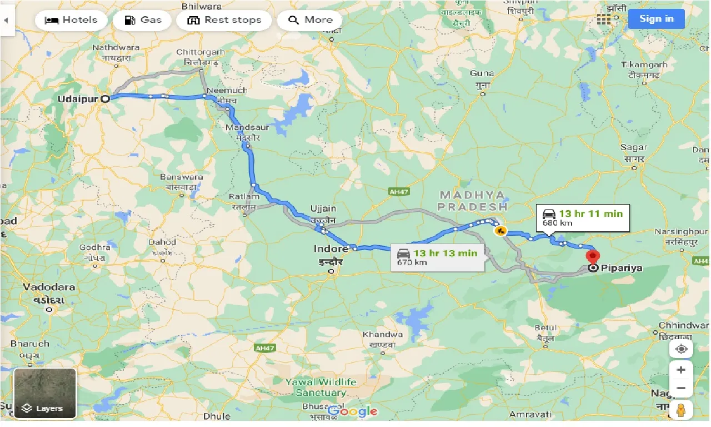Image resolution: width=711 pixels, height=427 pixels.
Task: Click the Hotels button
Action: (x=71, y=20)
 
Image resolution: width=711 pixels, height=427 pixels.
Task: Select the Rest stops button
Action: (x=224, y=20)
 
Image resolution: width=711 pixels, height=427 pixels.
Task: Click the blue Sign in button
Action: (x=656, y=19)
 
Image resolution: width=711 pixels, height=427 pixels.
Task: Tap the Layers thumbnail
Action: (x=45, y=393)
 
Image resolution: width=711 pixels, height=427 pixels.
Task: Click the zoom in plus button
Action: (x=681, y=370)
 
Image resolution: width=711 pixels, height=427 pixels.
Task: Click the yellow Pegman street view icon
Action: (x=681, y=410)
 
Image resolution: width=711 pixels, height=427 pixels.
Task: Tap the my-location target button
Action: (x=681, y=349)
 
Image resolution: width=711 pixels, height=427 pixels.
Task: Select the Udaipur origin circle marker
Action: (x=105, y=99)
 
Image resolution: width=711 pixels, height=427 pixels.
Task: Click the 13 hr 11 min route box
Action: (x=583, y=218)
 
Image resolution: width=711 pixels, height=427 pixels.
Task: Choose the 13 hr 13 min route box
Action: (x=438, y=257)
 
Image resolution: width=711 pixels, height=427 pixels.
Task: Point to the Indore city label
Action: (x=331, y=249)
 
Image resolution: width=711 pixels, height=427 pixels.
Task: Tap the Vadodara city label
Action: (x=49, y=287)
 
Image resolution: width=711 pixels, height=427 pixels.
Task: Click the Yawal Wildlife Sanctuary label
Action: (x=321, y=387)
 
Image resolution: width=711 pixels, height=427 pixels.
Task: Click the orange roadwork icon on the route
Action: (x=500, y=230)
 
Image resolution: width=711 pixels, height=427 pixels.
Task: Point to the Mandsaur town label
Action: (x=247, y=128)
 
